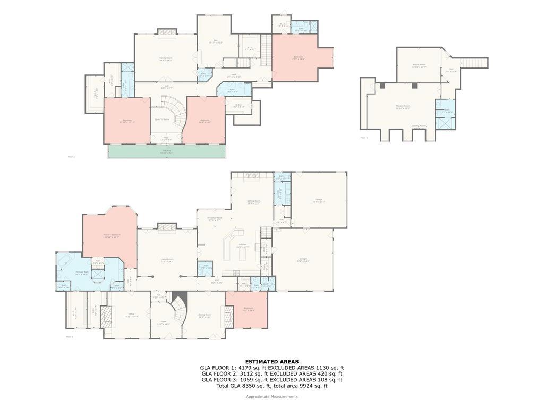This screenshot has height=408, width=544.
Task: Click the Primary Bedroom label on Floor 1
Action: pyautogui.click(x=112, y=235)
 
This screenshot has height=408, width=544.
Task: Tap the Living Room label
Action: pyautogui.click(x=167, y=260)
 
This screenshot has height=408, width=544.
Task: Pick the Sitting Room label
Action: pyautogui.click(x=254, y=202)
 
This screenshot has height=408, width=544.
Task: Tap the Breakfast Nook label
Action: pyautogui.click(x=215, y=218)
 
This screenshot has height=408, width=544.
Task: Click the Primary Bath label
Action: pyautogui.click(x=82, y=273)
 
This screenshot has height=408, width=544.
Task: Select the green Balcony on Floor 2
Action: pyautogui.click(x=167, y=151)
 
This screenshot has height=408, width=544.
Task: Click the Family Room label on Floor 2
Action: pyautogui.click(x=166, y=58)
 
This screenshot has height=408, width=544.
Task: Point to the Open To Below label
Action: pyautogui.click(x=162, y=120)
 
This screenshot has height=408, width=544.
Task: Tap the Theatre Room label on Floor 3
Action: pyautogui.click(x=403, y=107)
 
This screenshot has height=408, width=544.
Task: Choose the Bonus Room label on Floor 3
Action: pyautogui.click(x=419, y=65)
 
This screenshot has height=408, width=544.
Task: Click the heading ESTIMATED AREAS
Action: pyautogui.click(x=271, y=361)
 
